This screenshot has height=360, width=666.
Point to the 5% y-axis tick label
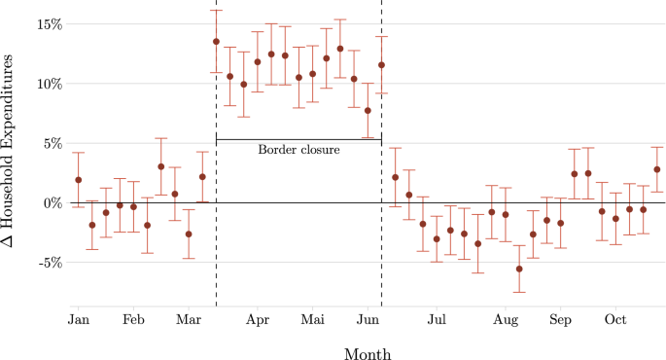click(x=51, y=143)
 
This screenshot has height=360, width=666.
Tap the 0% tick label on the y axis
click(x=51, y=202)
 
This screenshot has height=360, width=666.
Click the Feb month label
click(x=134, y=318)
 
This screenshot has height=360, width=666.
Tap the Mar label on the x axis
click(x=189, y=318)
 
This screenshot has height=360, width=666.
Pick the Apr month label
click(x=258, y=318)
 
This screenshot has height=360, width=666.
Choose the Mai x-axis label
click(x=312, y=318)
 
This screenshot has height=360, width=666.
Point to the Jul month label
click(x=438, y=318)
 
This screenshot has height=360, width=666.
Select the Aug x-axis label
click(x=505, y=318)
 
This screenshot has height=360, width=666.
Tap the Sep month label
click(x=560, y=318)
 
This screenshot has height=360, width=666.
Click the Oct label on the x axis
click(x=615, y=318)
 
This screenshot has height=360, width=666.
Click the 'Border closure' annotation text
click(x=298, y=150)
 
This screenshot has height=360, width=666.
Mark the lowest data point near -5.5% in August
click(x=519, y=269)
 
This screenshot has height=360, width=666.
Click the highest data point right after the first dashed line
click(x=216, y=42)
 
